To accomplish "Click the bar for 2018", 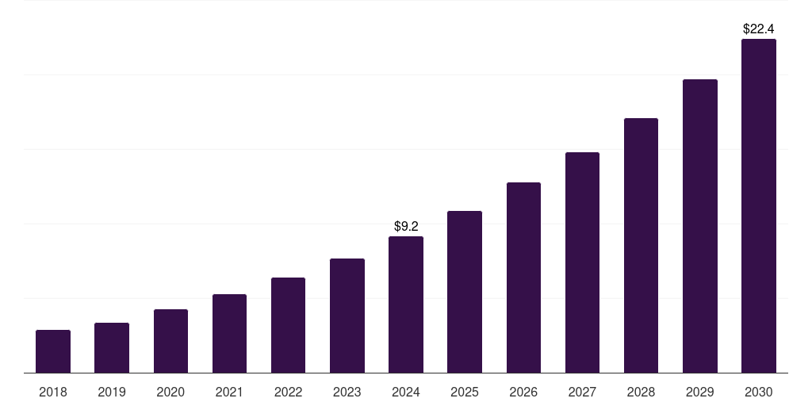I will click(53, 351).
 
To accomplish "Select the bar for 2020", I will click(170, 341).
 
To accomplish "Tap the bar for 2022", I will click(288, 325).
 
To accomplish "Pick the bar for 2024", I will click(406, 304).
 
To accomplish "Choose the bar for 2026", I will click(523, 278).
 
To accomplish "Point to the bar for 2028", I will click(641, 245).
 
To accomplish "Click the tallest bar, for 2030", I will click(758, 205).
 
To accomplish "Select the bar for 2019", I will click(112, 347).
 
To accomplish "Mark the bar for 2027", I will click(582, 262).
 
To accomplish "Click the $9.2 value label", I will click(406, 226).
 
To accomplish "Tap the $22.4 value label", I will click(758, 29).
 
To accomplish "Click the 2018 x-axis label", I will click(53, 392).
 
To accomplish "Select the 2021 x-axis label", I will click(229, 392).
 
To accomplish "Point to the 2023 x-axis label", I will click(347, 392).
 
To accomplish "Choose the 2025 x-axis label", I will click(465, 392).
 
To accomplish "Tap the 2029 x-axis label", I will click(699, 392).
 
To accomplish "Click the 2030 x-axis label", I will click(758, 392).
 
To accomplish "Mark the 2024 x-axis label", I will click(406, 392).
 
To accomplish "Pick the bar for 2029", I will click(699, 226).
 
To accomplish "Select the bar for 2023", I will click(347, 316).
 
